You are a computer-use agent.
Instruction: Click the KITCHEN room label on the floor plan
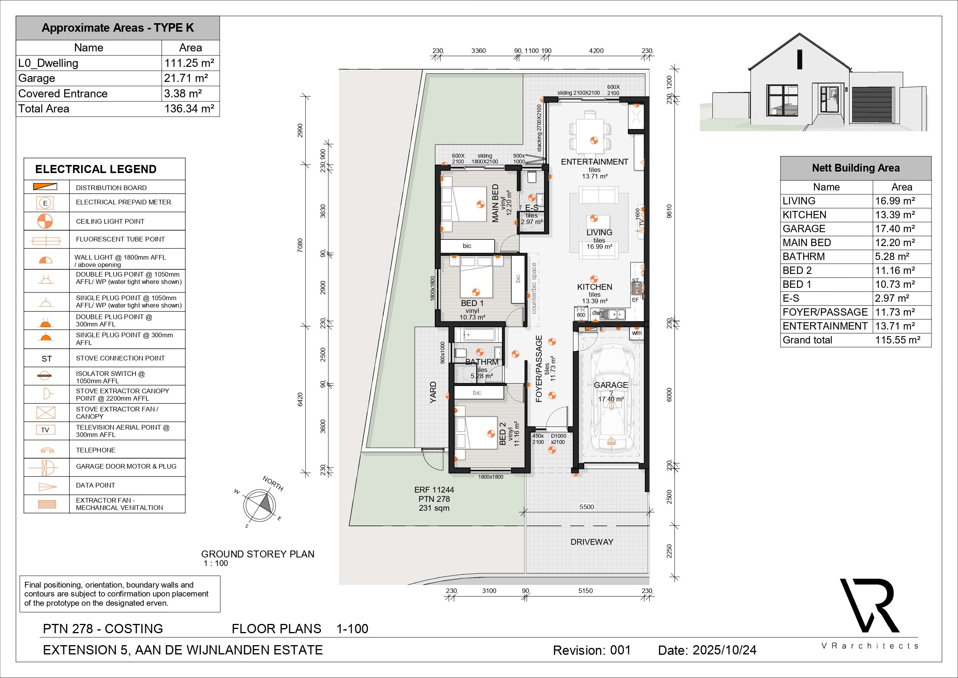tap(595, 287)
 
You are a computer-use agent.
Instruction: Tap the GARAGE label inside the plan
tap(611, 385)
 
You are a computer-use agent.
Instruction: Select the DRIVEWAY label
tap(592, 542)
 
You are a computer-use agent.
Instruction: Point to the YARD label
tap(433, 393)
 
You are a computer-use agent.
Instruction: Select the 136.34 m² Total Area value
tap(189, 109)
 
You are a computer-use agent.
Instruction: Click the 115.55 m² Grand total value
tap(898, 340)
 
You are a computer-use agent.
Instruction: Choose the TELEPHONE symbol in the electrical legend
tap(46, 450)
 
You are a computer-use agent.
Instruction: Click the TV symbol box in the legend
tap(46, 430)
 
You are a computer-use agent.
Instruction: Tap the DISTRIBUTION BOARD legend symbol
tap(46, 187)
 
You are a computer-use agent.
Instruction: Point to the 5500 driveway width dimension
tap(587, 507)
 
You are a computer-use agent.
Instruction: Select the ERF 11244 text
tap(434, 490)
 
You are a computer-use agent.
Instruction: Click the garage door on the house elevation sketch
tap(872, 105)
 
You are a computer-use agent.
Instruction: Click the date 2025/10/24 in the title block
tap(725, 650)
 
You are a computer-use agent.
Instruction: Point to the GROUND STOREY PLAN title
tap(258, 554)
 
